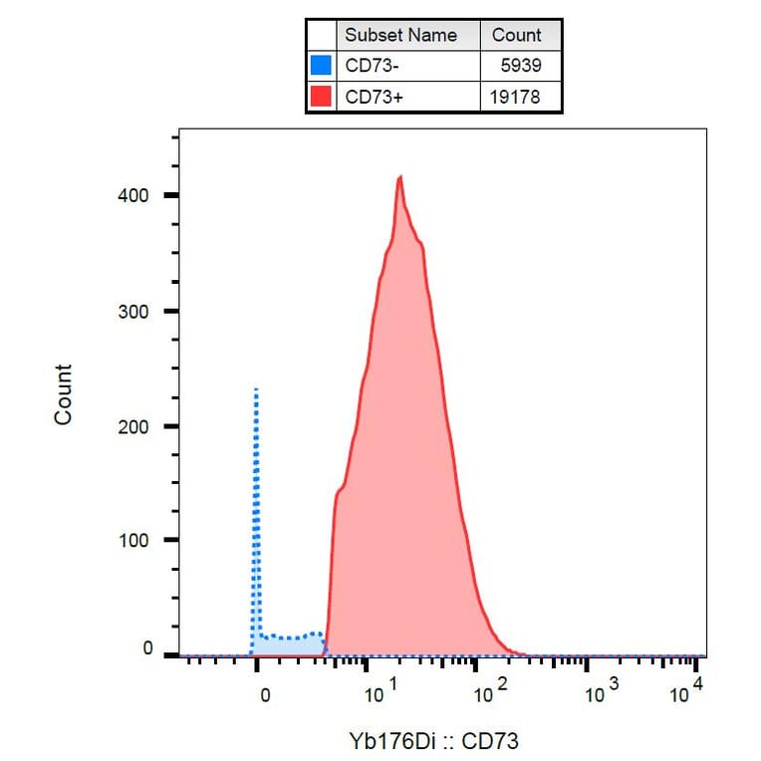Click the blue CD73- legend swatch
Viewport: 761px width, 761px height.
(321, 66)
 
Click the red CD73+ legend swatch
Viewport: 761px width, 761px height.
(321, 97)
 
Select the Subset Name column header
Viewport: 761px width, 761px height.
(400, 35)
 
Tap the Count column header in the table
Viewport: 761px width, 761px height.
(516, 35)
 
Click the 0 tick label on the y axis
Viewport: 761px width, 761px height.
(146, 649)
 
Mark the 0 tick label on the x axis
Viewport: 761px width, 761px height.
(264, 696)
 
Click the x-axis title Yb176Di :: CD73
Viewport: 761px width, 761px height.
(433, 740)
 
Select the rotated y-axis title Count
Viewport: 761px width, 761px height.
(64, 394)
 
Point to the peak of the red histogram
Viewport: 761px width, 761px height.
(399, 177)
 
